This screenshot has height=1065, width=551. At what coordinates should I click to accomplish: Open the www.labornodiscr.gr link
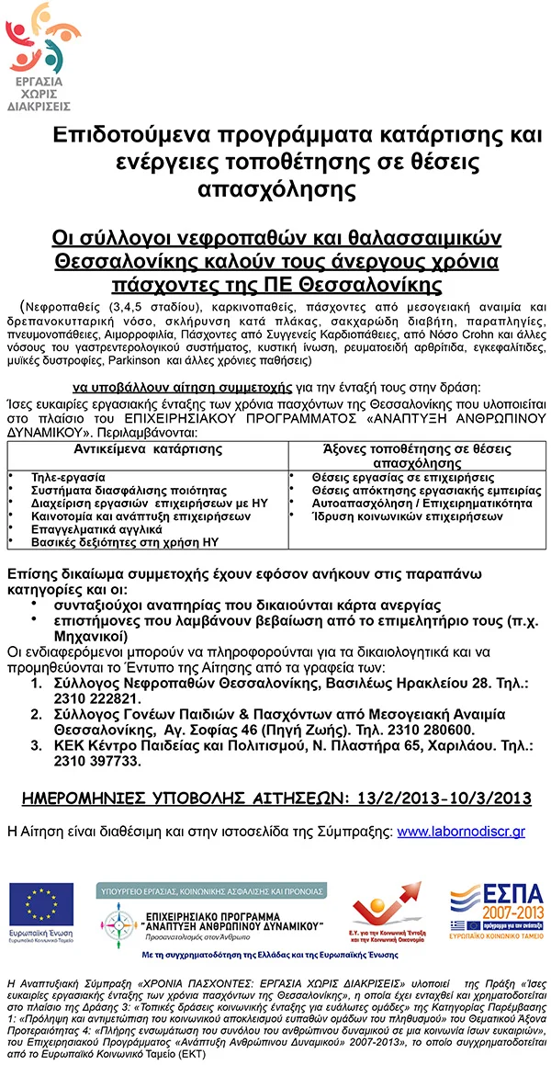click(x=460, y=831)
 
